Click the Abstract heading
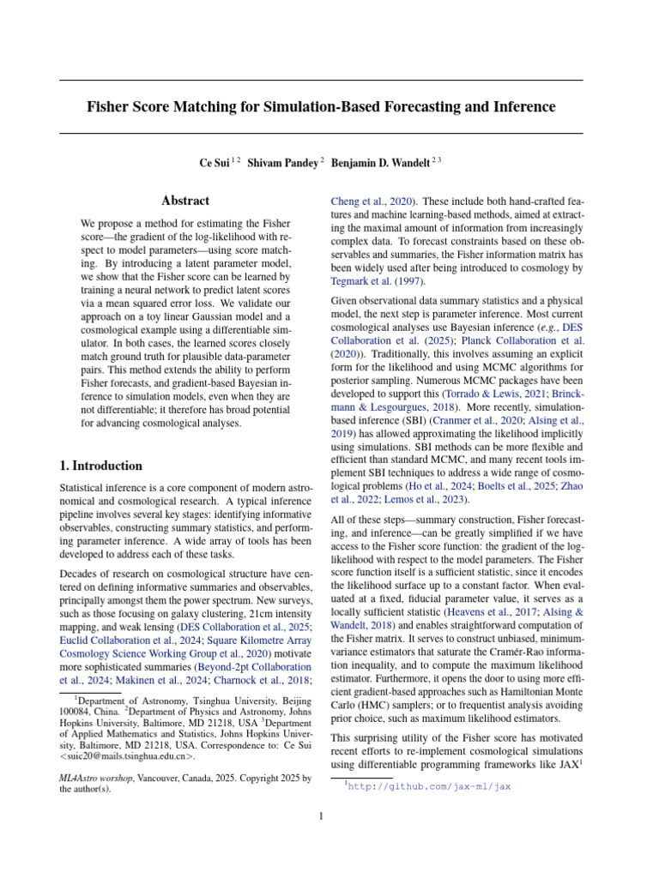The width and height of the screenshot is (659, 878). pos(185,201)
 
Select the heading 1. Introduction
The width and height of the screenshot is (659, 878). pos(100,466)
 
